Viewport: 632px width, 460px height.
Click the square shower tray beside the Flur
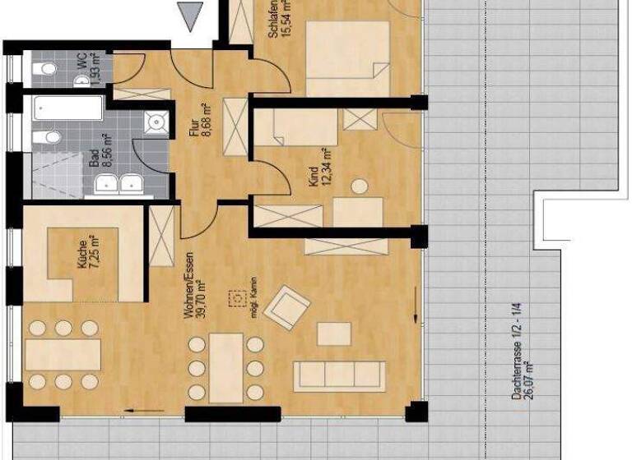click(x=156, y=123)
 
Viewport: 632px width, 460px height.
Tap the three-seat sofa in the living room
click(x=340, y=375)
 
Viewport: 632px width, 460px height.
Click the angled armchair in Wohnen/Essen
click(x=290, y=307)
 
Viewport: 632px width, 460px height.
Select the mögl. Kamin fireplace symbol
click(x=240, y=297)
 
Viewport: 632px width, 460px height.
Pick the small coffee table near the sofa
click(x=334, y=333)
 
